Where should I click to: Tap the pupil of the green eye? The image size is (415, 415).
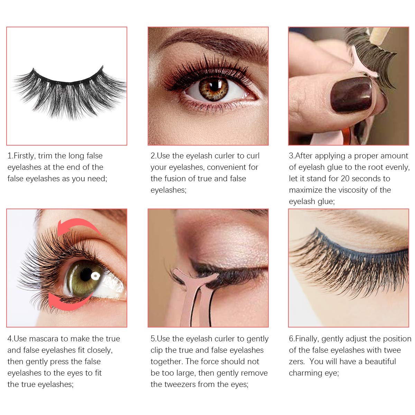pyautogui.click(x=85, y=275)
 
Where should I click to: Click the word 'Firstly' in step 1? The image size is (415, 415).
pyautogui.click(x=24, y=156)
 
